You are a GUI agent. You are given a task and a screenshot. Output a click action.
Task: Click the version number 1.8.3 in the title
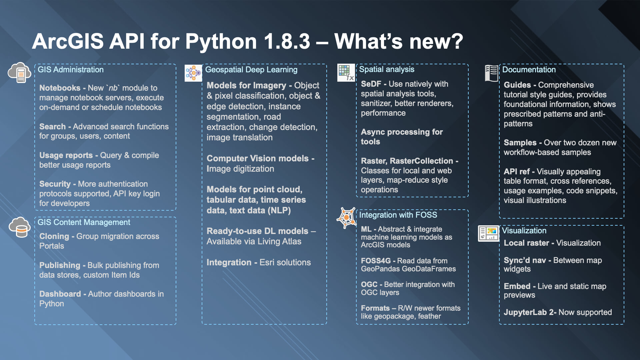coord(287,41)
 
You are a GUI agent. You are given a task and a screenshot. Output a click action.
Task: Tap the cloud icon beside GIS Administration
coord(20,72)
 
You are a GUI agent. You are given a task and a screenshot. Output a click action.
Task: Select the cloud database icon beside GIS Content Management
coord(20,227)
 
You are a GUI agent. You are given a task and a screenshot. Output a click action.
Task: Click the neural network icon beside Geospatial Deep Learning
coord(193,73)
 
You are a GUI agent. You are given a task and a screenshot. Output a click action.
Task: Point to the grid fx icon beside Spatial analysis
coord(346,73)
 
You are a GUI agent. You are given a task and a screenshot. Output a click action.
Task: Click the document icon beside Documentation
coord(492,73)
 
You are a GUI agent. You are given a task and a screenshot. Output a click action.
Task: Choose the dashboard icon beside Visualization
coord(488,233)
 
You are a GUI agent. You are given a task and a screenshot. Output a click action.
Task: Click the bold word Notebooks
coord(60,88)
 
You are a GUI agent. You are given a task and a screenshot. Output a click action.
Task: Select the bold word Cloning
coord(54,236)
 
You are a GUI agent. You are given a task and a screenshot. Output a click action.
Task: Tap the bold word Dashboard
coord(60,294)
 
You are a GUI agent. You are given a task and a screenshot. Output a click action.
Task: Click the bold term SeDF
coord(371,84)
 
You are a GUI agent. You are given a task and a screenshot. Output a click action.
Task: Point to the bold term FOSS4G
coord(376,261)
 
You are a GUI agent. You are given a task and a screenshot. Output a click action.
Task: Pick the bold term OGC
coord(369,284)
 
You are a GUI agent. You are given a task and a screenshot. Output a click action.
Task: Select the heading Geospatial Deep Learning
coord(251,70)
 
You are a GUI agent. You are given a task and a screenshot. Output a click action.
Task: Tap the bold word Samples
coord(520,143)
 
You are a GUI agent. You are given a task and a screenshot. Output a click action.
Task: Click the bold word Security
coord(55,184)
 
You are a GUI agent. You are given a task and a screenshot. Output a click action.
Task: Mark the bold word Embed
coord(517,286)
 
